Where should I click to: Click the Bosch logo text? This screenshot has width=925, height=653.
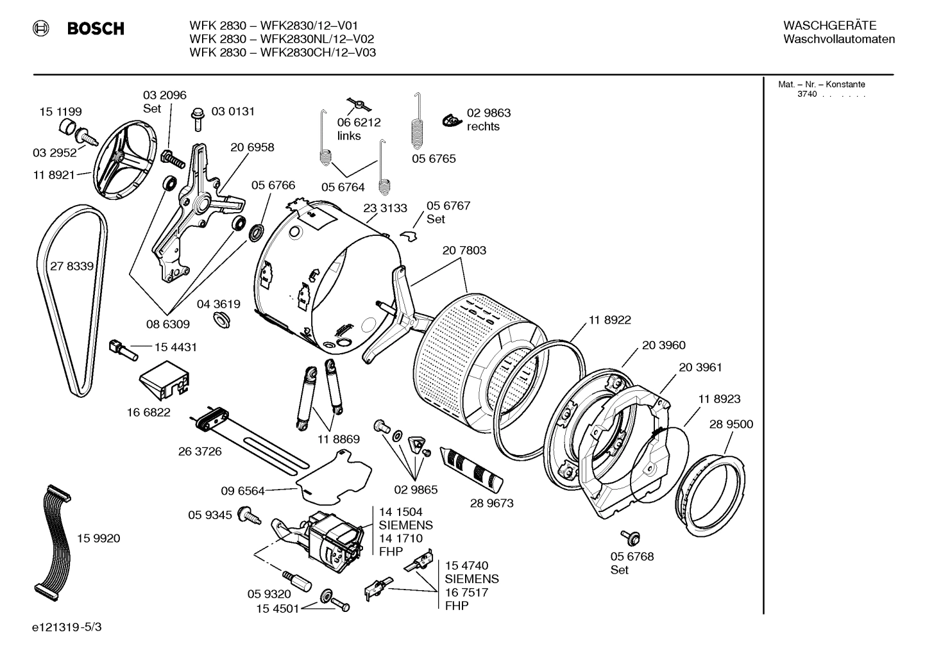tap(95, 29)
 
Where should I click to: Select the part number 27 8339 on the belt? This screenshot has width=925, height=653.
tap(71, 266)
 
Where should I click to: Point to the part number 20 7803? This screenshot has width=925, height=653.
tap(464, 251)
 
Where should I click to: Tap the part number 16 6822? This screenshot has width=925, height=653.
tap(148, 413)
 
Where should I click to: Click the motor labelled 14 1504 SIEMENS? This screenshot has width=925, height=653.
tap(334, 535)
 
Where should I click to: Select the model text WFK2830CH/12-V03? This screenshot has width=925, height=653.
tap(318, 53)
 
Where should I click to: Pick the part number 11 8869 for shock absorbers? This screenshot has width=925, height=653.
tap(338, 440)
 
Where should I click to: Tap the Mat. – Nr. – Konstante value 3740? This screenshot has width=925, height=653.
tap(806, 94)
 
